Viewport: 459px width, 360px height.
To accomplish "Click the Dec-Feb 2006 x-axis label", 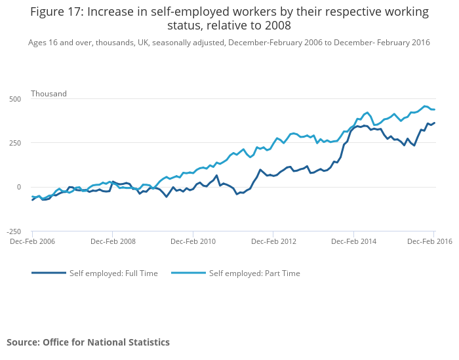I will tap(32, 241).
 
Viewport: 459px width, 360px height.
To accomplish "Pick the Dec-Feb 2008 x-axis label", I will tap(113, 241).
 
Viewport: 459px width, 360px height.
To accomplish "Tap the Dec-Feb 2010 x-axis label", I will tap(193, 241).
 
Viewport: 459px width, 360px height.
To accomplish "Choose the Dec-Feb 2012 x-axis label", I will tap(273, 241).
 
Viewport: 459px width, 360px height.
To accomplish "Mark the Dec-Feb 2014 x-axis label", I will tap(353, 241).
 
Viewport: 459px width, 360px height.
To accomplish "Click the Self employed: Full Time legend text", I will tap(113, 273).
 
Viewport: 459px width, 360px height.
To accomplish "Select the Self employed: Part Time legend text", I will tap(254, 273).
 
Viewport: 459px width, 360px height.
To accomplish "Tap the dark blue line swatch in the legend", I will tap(49, 273).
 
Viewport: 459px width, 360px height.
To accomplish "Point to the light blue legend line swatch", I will tap(188, 273).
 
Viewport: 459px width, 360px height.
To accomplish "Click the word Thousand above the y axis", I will tap(49, 94).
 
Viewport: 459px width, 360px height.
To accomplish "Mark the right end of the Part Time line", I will tap(435, 110).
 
